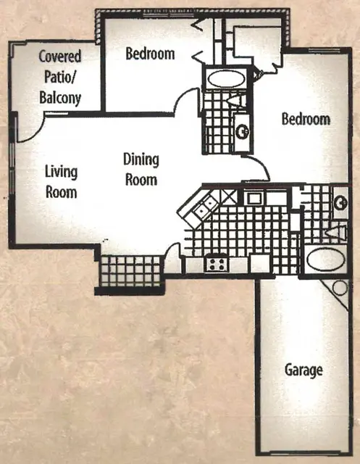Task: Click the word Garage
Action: tap(304, 370)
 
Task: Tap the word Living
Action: tap(61, 173)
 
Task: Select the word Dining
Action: tap(141, 159)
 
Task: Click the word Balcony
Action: tap(60, 98)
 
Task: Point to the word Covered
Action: tap(60, 56)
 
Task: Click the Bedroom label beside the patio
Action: tap(150, 54)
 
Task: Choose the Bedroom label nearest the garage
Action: tap(306, 119)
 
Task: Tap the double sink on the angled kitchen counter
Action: tap(205, 207)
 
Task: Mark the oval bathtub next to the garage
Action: tap(325, 260)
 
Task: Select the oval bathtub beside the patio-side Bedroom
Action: tap(225, 79)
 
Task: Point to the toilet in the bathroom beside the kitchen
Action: tap(336, 233)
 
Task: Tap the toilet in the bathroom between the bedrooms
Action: tap(238, 101)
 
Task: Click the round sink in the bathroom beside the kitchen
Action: tap(340, 203)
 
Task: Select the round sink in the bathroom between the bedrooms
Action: tap(243, 131)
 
